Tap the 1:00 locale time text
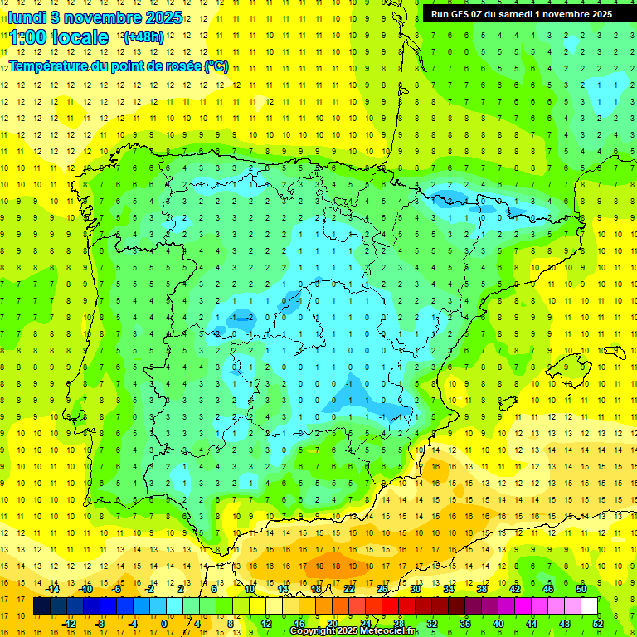59,37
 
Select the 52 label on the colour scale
599,624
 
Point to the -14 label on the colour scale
53,589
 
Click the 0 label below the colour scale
163,624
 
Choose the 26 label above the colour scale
382,589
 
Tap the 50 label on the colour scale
581,589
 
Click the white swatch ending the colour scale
589,606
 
